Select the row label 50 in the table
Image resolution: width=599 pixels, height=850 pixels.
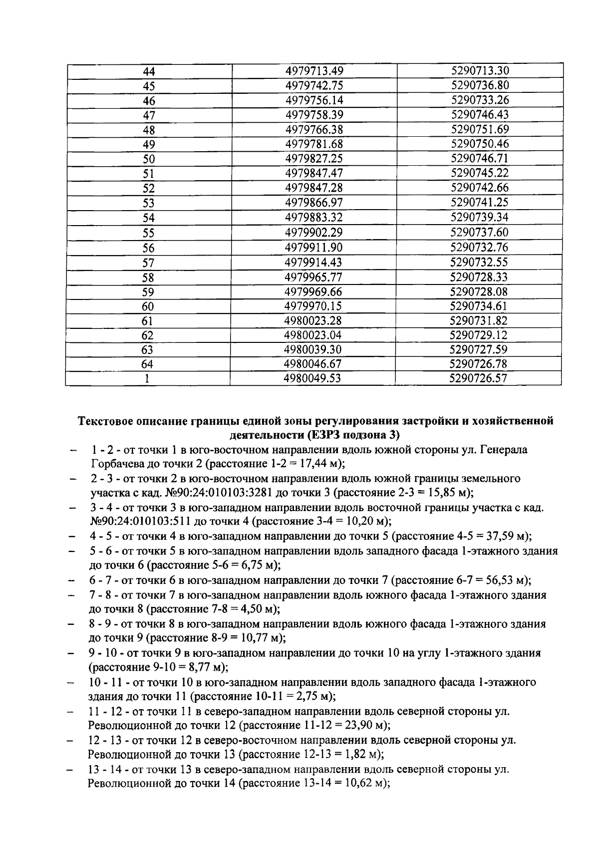coord(149,159)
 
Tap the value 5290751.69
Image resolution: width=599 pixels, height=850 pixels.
coord(480,129)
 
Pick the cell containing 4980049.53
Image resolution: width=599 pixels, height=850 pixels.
coord(312,378)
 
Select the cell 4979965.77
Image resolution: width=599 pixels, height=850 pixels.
coord(313,277)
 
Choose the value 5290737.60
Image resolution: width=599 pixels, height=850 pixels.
coord(479,232)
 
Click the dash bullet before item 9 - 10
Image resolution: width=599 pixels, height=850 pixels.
coord(73,653)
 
